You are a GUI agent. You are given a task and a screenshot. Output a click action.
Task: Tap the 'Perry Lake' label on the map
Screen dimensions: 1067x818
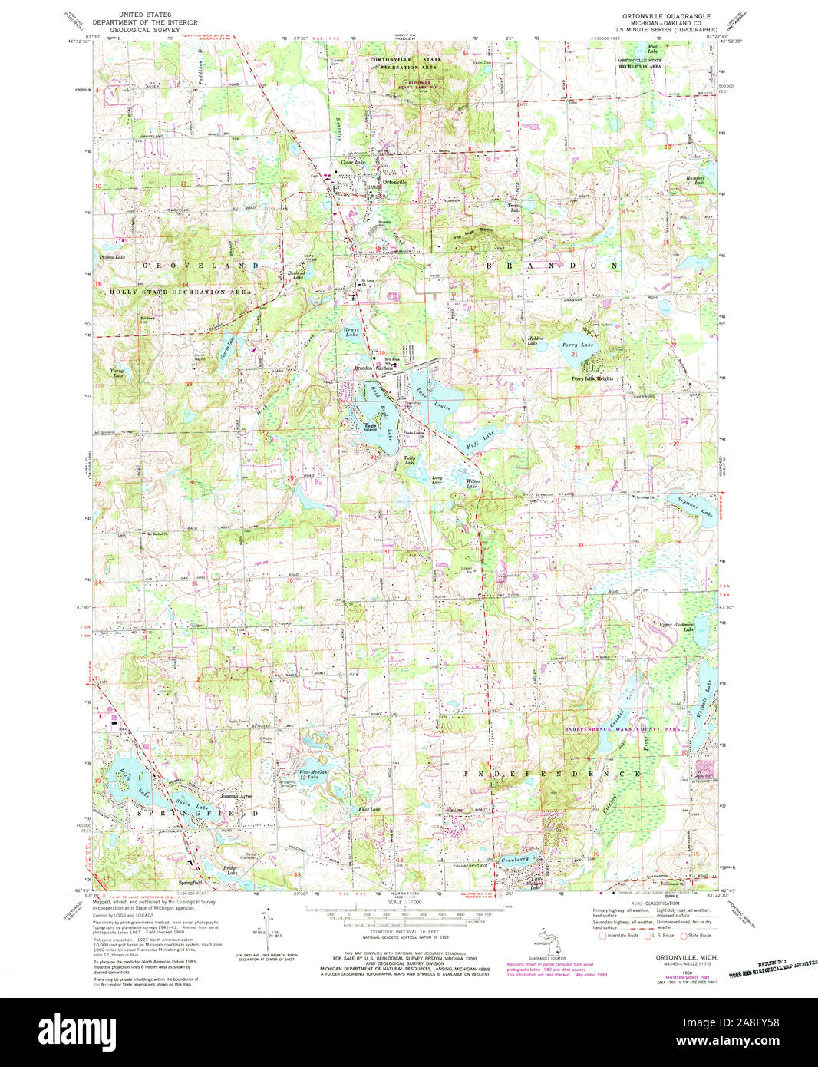coord(578,345)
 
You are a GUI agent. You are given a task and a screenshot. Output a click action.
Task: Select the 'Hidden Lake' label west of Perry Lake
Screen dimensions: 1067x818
coord(536,340)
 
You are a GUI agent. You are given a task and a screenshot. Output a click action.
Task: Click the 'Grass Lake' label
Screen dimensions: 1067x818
coord(351,332)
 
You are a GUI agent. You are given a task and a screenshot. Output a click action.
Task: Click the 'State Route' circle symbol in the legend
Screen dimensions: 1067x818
coord(685,935)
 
